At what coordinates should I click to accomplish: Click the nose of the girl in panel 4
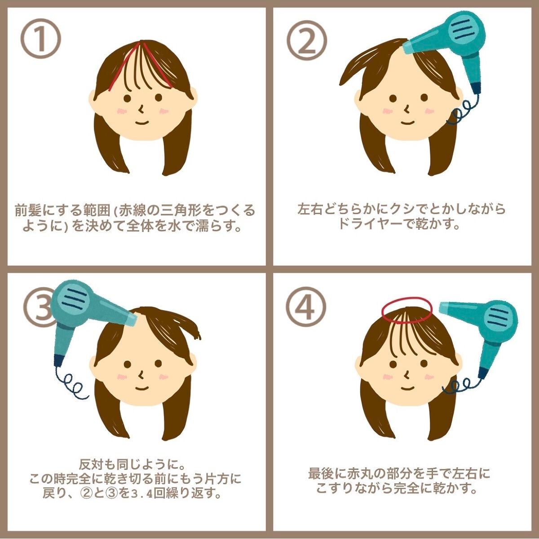[407, 373]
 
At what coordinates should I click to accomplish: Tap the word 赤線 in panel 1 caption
[132, 210]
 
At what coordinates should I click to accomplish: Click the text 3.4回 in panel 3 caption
[145, 494]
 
